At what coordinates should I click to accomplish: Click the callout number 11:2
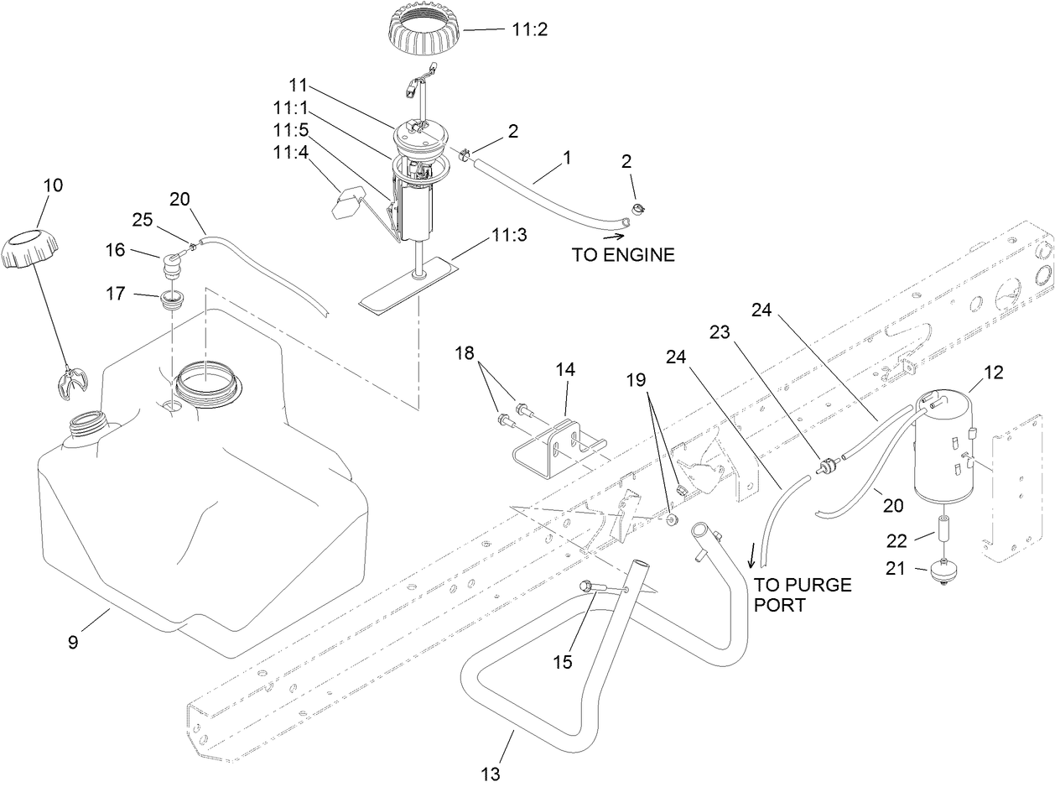coord(529,29)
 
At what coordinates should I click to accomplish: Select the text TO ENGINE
coord(623,255)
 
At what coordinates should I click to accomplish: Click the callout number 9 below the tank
coord(73,643)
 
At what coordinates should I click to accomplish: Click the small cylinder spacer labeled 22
coord(942,531)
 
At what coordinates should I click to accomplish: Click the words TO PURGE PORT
coord(802,594)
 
